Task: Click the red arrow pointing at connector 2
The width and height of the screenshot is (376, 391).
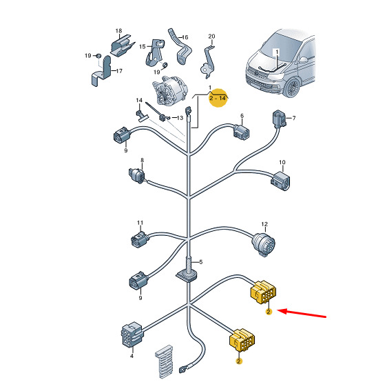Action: point(302,314)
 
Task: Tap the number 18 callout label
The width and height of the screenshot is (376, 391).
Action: point(118,30)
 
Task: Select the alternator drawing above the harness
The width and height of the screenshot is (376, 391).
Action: point(169,91)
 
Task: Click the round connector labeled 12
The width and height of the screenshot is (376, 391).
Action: point(263,243)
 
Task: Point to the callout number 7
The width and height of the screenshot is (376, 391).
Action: point(294,118)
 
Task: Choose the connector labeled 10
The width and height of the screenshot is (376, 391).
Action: point(280,181)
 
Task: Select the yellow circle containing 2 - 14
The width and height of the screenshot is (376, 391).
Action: point(218,98)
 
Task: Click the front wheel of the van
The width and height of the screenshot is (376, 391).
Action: point(293,88)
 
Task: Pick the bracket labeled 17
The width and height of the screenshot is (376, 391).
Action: point(101,72)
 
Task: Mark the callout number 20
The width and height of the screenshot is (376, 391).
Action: point(211,37)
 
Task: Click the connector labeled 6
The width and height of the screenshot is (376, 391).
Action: point(241,132)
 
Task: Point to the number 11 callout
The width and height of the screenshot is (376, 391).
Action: point(140,223)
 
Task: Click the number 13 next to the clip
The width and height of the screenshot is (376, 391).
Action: point(180,118)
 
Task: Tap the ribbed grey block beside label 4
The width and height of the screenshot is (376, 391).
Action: point(164,361)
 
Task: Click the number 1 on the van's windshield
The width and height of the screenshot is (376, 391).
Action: point(277,52)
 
